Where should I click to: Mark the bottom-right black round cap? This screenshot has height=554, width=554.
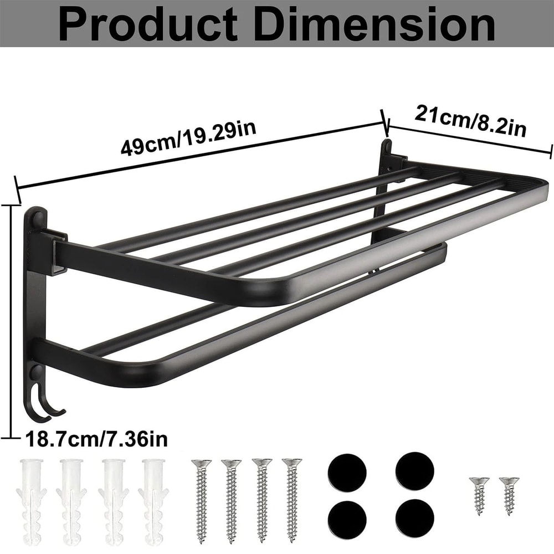(x=414, y=515)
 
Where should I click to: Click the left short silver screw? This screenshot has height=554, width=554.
(x=479, y=495)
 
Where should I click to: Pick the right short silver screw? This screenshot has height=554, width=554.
(x=509, y=495)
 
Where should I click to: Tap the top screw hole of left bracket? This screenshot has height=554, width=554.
(x=37, y=219)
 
